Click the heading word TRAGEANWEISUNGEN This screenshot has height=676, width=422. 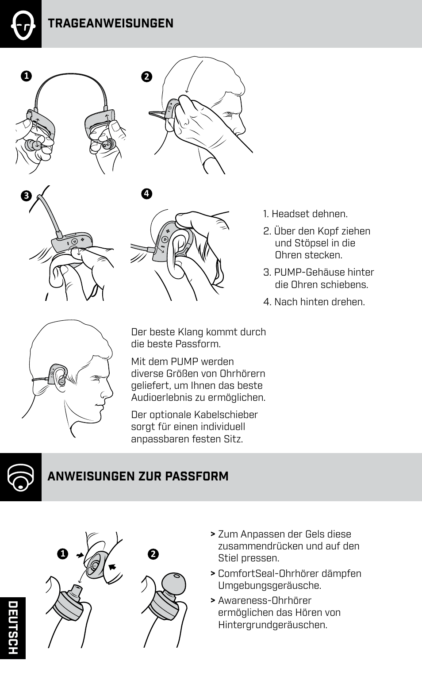(111, 23)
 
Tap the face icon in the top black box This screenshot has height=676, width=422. (21, 24)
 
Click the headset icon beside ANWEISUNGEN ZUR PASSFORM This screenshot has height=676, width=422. (21, 477)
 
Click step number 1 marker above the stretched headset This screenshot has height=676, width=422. (26, 76)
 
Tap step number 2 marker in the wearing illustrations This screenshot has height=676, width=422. (147, 77)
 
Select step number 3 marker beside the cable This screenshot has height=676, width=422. (26, 196)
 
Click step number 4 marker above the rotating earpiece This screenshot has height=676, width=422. (146, 193)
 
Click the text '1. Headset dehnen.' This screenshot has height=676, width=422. (305, 214)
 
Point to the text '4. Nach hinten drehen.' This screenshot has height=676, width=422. (314, 302)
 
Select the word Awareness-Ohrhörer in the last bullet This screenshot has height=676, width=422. (265, 601)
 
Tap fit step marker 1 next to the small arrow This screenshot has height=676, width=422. (63, 554)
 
